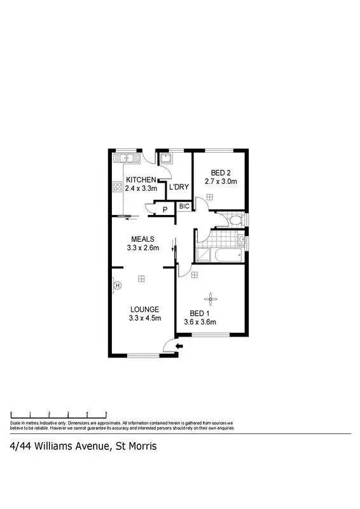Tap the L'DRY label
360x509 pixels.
[178, 186]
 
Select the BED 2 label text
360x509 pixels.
[220, 172]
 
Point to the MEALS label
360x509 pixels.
[144, 239]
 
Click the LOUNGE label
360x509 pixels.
[144, 309]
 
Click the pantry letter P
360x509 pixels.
[164, 210]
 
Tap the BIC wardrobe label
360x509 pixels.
[183, 206]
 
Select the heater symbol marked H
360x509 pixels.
[118, 286]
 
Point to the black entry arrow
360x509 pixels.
[179, 347]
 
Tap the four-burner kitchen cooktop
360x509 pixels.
[117, 187]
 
